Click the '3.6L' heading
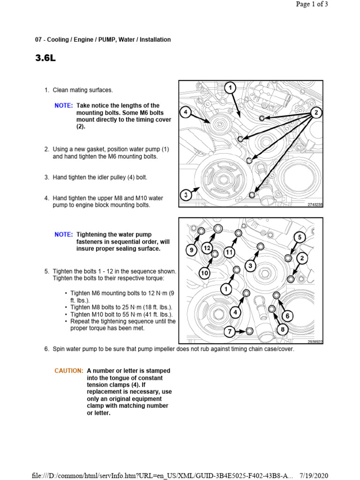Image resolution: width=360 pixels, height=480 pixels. pos(45,59)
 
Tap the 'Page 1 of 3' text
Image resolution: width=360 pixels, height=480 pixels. pos(312,4)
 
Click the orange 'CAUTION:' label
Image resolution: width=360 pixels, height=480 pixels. pos(69,371)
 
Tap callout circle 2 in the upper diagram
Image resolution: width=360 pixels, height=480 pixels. pos(316,112)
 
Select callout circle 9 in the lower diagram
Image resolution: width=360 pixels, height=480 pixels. pos(191,250)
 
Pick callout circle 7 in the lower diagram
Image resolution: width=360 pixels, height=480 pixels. pos(229,332)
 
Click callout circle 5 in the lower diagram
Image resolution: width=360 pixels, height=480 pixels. pos(300,238)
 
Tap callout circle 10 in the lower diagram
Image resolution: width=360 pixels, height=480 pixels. pos(204,273)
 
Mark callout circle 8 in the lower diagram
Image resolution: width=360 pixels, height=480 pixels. pos(282,330)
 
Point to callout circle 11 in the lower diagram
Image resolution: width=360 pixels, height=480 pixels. pos(229,252)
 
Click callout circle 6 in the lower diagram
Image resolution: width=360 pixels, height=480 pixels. pos(287,316)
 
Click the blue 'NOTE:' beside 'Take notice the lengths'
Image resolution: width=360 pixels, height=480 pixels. pos(63,106)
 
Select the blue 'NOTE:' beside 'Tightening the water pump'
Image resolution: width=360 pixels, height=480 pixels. pos(63,234)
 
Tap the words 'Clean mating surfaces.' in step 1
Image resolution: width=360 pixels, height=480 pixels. pos(82,90)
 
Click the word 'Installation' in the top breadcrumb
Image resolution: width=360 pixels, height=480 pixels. pos(156,40)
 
